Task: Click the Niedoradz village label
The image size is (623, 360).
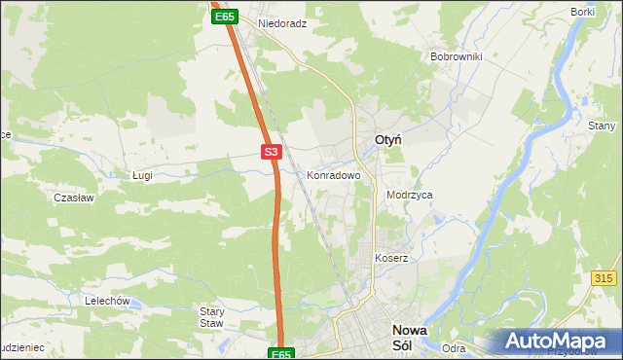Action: click(282, 22)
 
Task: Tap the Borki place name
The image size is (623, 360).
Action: click(583, 11)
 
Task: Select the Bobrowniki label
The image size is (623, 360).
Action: click(457, 56)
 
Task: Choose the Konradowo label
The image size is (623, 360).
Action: click(334, 176)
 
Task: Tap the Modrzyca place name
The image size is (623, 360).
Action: click(409, 195)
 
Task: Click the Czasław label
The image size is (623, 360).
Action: click(73, 197)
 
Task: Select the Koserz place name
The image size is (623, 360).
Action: click(391, 258)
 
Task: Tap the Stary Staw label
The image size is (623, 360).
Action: click(212, 317)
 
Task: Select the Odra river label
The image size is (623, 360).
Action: click(454, 348)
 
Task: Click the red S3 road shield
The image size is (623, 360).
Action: click(272, 152)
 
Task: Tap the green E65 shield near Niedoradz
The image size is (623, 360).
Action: click(224, 17)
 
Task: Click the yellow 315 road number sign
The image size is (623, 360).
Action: click(604, 278)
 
